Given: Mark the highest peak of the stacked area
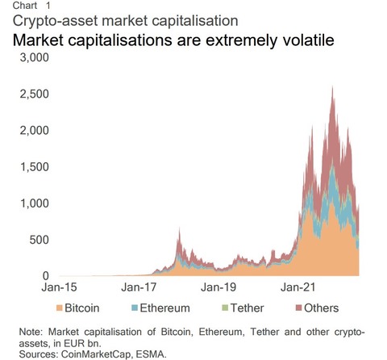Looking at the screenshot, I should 333,86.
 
